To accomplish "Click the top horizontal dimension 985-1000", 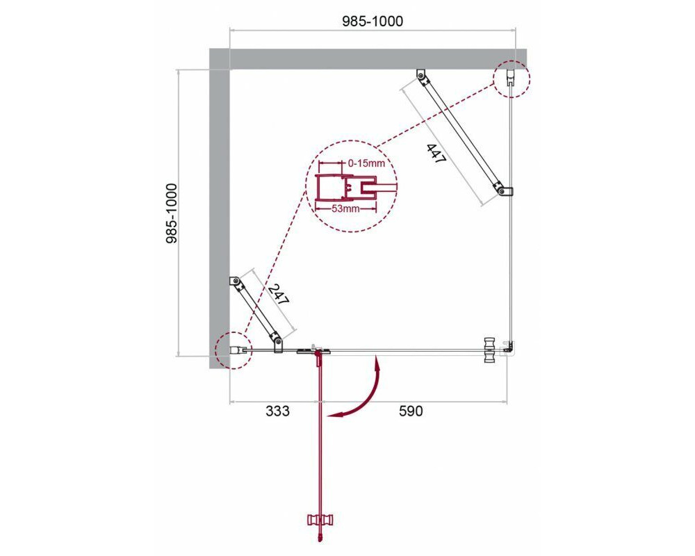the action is [373, 21].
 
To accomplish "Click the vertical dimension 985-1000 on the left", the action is [171, 213].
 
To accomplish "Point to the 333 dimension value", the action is [277, 411].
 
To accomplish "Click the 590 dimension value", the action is [411, 411].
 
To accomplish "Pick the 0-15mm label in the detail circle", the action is [366, 163].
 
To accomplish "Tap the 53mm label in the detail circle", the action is [345, 208].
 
